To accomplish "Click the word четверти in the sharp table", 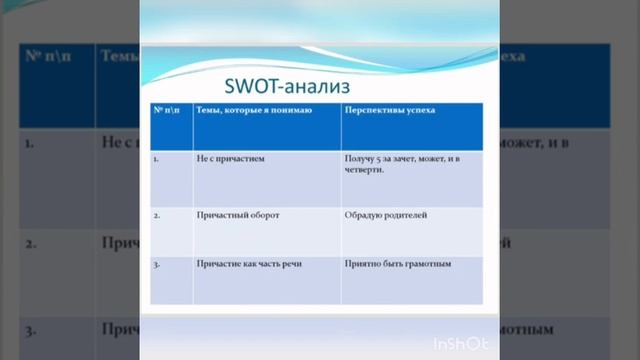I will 364,170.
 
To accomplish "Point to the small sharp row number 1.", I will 156,158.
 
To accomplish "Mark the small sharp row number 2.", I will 156,214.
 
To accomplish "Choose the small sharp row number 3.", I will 156,264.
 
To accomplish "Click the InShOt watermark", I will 460,344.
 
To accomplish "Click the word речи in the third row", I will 290,264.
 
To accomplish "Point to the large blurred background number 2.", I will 31,243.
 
